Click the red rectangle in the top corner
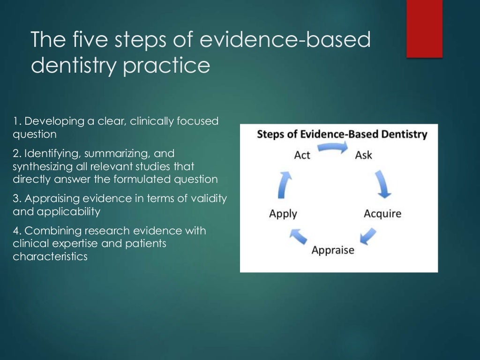tap(424, 29)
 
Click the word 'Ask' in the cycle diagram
tap(364, 155)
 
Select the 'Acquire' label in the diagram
tap(382, 214)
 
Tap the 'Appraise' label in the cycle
tap(333, 250)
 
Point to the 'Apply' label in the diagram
tap(283, 214)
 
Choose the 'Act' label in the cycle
tap(302, 155)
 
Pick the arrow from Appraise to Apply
tap(298, 236)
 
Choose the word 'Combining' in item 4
tap(51, 231)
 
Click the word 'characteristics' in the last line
tap(50, 257)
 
